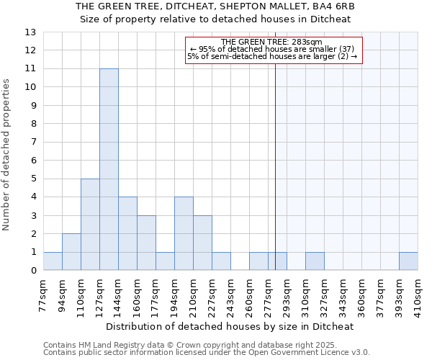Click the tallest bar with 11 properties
[109, 169]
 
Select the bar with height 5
[90, 224]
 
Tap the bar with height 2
[71, 251]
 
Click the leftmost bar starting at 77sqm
[53, 261]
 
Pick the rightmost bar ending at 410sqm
[408, 261]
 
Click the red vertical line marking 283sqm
[275, 158]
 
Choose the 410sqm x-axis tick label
[418, 294]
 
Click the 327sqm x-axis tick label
[324, 294]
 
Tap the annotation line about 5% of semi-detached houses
[273, 56]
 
